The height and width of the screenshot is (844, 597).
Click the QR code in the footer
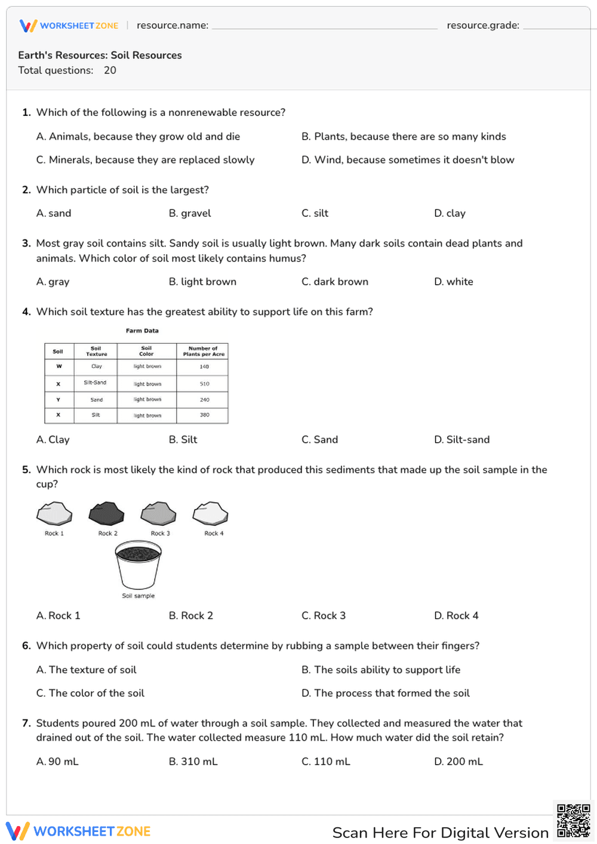point(573,821)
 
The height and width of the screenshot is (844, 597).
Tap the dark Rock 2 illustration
point(106,513)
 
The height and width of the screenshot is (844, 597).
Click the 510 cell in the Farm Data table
point(204,384)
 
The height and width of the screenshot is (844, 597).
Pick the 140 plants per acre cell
point(204,366)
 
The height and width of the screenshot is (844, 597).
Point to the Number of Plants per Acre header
point(203,351)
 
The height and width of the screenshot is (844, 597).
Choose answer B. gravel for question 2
point(190,213)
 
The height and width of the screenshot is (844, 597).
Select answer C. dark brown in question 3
point(335,282)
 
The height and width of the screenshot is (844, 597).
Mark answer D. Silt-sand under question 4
point(461,439)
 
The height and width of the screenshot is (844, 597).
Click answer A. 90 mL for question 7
point(57,762)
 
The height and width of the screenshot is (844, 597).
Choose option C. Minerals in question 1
point(145,160)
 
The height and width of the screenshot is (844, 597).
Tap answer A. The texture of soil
point(87,670)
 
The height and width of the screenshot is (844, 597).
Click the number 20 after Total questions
point(110,70)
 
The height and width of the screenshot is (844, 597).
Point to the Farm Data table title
point(142,331)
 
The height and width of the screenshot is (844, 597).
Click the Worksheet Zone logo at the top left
point(69,26)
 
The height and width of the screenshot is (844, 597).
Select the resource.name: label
point(173,25)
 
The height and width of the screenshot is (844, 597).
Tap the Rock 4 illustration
point(210,513)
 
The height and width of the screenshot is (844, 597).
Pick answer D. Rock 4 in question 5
point(456,615)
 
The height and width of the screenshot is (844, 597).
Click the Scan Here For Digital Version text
point(440,833)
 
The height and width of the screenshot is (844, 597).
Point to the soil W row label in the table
point(59,366)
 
